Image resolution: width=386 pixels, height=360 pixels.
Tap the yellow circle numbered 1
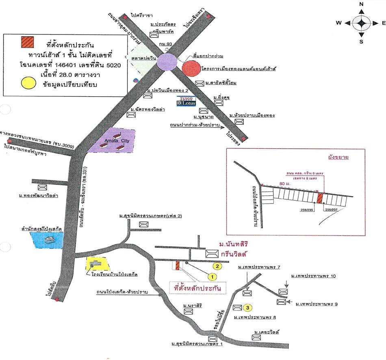pyautogui.click(x=211, y=276)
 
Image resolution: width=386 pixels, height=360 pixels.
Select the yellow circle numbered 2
pyautogui.click(x=218, y=267)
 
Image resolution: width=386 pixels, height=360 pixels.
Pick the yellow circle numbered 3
pyautogui.click(x=248, y=308)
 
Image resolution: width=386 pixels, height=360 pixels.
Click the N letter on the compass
pyautogui.click(x=361, y=4)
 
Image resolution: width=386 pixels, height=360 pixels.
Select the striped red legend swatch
pyautogui.click(x=28, y=42)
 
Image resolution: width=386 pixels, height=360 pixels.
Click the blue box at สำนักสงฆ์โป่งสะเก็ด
pyautogui.click(x=48, y=240)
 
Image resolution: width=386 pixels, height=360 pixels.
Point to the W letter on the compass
pyautogui.click(x=338, y=23)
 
